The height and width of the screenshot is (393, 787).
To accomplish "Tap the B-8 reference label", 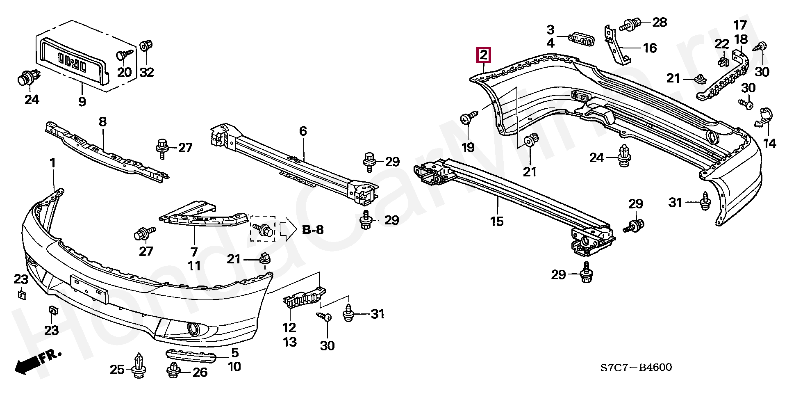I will tap(313, 230).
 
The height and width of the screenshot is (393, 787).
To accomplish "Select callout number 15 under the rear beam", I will tap(496, 222).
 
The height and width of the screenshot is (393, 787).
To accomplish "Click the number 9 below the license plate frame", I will tap(82, 101).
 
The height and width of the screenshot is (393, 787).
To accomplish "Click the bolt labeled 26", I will tap(174, 370).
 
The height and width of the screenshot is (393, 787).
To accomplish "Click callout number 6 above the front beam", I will tap(303, 132).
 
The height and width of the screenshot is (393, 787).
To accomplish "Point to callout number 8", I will tap(102, 122).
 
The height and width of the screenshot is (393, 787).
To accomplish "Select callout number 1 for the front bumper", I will tap(52, 164).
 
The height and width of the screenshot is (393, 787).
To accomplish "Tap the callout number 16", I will tap(650, 48).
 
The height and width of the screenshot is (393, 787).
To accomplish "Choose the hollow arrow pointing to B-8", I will tap(288, 230).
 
